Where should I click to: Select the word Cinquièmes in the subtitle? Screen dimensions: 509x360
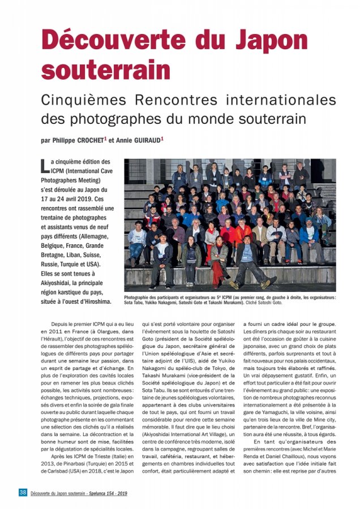[x=84, y=100]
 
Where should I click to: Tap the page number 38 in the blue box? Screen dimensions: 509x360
[x=23, y=493]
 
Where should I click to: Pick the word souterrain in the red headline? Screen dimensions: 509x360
[x=105, y=70]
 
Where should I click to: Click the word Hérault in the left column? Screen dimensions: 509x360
[x=53, y=343]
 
